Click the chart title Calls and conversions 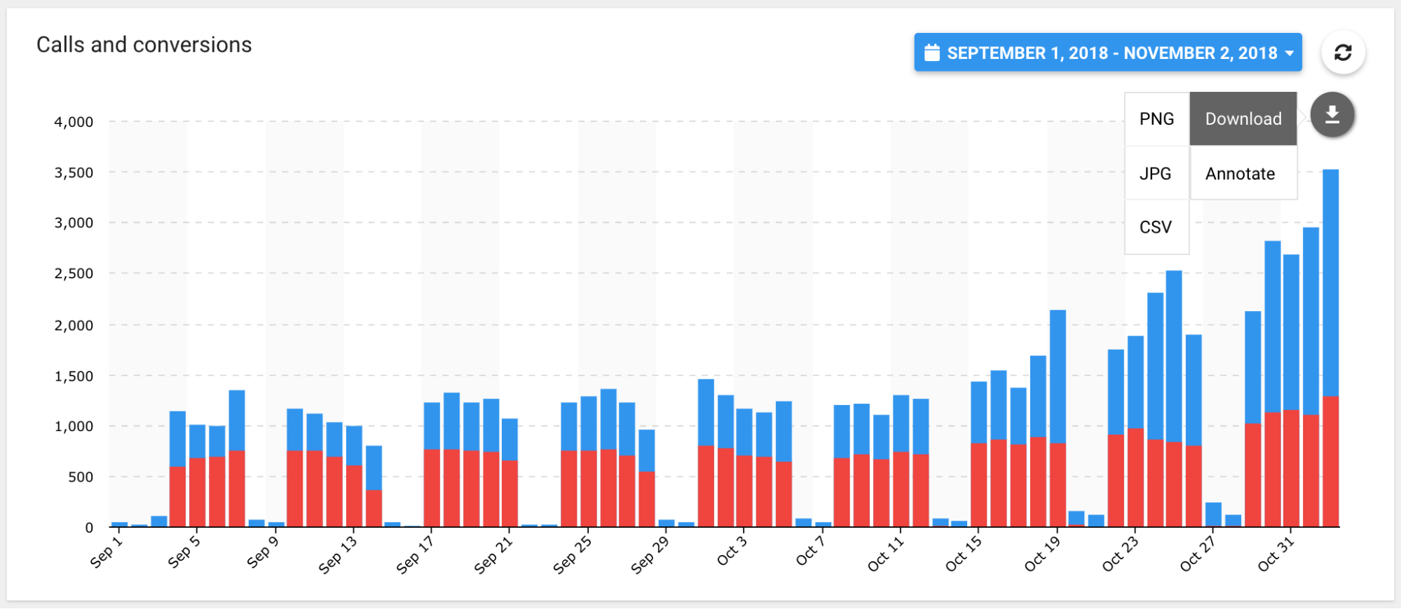point(144,45)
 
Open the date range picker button point(1107,53)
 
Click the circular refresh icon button point(1343,53)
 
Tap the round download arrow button point(1332,115)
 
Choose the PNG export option point(1156,119)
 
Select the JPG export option point(1156,174)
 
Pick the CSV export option point(1156,227)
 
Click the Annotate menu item point(1240,174)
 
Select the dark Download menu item point(1243,119)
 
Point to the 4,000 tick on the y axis point(74,122)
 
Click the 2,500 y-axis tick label point(74,274)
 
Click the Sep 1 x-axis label point(107,552)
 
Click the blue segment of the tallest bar point(1330,280)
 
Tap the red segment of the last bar point(1330,463)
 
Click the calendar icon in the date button point(932,53)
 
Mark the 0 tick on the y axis point(89,528)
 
